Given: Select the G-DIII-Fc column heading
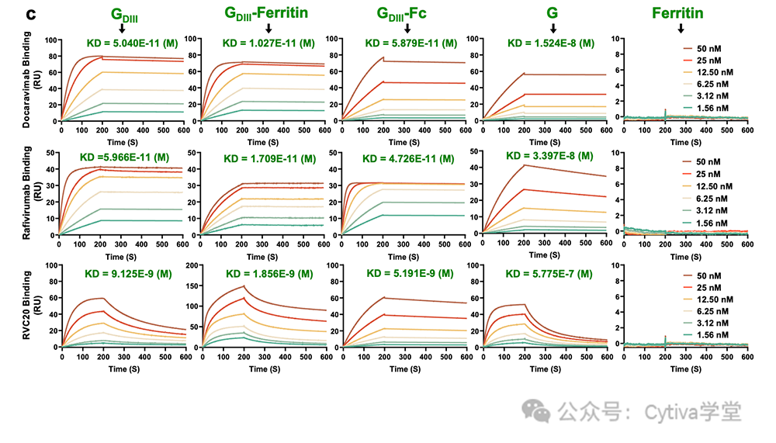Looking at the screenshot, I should pos(401,13).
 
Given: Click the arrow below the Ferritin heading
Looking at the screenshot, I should pos(680,29).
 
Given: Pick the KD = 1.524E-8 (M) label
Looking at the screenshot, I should pos(551,43).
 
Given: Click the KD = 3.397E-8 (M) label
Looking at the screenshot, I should pos(550,155).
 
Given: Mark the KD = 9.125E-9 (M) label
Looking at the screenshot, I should pos(126,274).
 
